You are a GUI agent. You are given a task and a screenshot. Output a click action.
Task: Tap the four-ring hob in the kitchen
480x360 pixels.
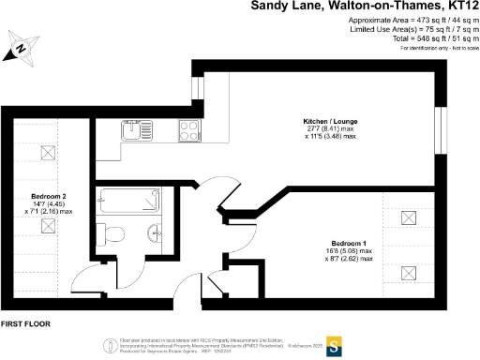point(186,131)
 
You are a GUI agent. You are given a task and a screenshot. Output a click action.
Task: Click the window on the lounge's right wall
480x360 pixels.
point(444,127)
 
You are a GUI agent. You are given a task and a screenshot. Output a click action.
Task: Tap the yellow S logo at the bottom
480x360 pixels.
point(332,344)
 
